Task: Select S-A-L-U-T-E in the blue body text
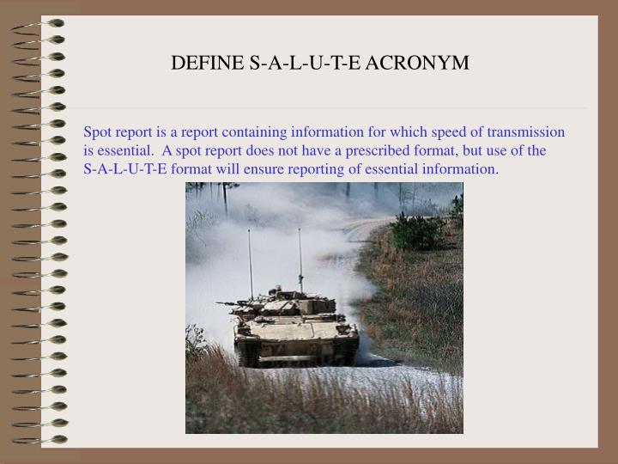tap(125, 168)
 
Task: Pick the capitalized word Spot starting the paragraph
tap(97, 132)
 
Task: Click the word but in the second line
tap(474, 150)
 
